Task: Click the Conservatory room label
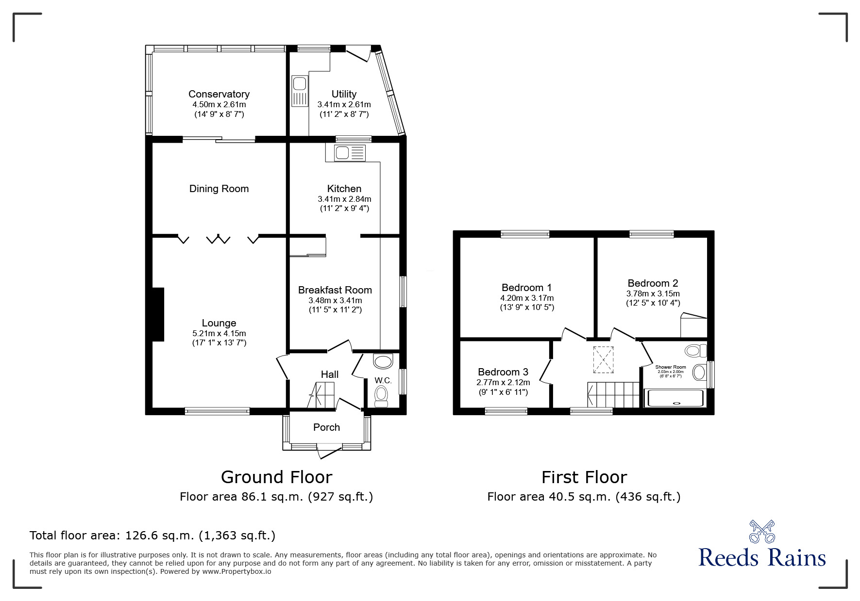click(219, 94)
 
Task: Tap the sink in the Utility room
click(299, 91)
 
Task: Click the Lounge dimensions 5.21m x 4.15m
click(219, 333)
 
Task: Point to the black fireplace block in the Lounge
click(158, 314)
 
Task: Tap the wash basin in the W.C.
click(383, 362)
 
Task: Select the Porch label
click(326, 427)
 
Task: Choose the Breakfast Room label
click(335, 290)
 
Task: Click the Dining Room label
click(219, 189)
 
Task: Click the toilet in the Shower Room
click(695, 350)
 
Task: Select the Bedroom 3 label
click(503, 372)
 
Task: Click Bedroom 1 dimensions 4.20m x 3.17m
click(526, 298)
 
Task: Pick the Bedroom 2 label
click(653, 283)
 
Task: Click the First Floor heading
click(584, 477)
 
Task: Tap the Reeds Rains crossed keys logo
click(762, 531)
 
